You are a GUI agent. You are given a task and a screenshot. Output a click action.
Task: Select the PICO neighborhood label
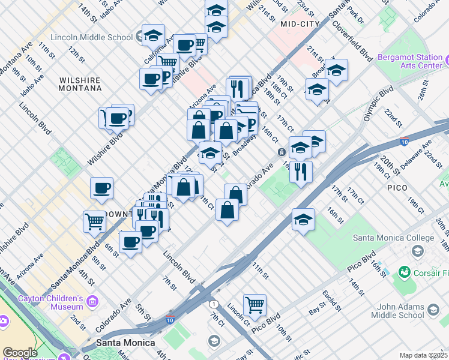pos(397,188)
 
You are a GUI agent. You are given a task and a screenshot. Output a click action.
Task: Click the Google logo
pos(20,353)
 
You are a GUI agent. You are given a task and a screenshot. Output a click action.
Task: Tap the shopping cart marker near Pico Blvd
pos(255,304)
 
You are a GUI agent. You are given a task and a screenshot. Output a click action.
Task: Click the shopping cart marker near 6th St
pos(95,222)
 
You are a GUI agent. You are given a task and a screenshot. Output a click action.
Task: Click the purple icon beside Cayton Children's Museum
pos(92,300)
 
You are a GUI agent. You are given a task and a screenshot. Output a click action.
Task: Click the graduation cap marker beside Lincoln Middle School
pos(153,35)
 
